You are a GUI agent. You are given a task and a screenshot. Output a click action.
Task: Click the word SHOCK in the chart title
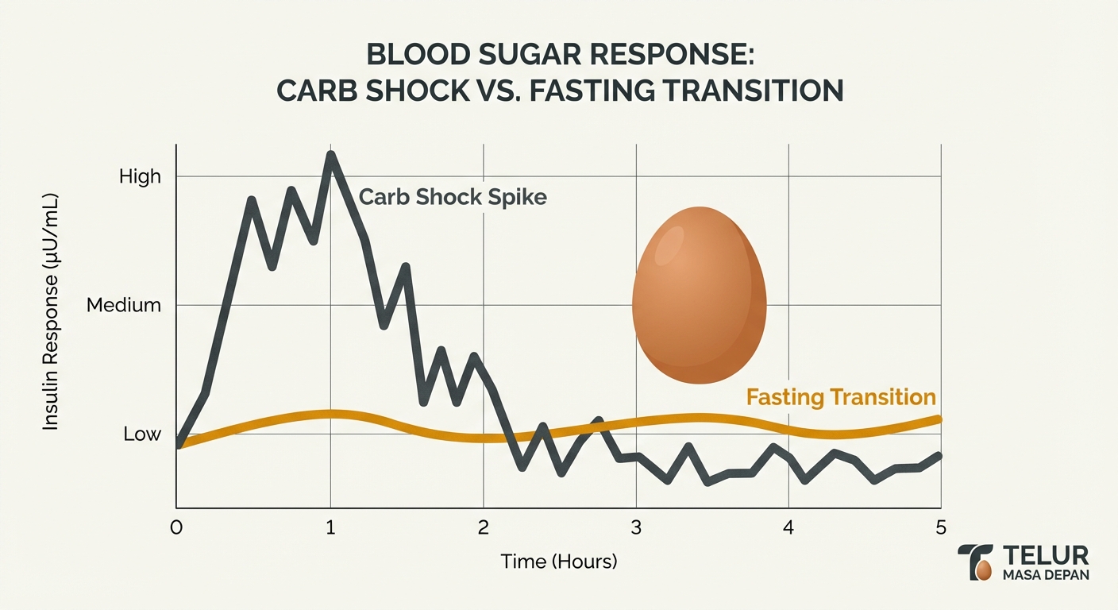pyautogui.click(x=418, y=91)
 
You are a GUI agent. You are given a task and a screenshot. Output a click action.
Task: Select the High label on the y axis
pyautogui.click(x=140, y=176)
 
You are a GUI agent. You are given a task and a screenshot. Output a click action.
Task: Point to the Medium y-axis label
pyautogui.click(x=124, y=305)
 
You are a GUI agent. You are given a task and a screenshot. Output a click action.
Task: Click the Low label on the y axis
pyautogui.click(x=142, y=434)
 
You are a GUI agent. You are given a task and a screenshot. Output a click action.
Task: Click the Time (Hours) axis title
pyautogui.click(x=558, y=562)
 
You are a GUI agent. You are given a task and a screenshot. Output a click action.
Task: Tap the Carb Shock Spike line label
pyautogui.click(x=453, y=196)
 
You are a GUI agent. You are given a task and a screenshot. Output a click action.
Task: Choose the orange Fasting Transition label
pyautogui.click(x=841, y=396)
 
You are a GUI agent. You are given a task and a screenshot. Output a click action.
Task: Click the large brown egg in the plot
pyautogui.click(x=700, y=295)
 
